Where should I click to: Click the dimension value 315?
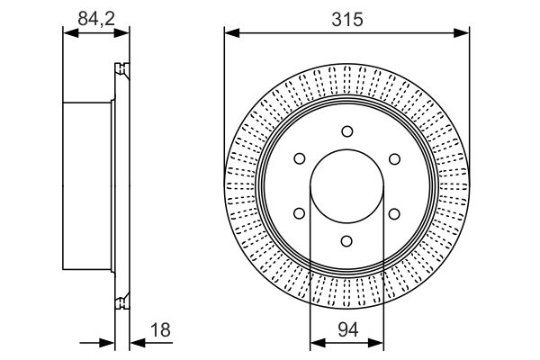tap(346, 18)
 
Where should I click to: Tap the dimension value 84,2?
tap(94, 18)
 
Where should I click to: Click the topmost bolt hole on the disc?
tap(346, 131)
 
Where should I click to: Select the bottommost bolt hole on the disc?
tap(346, 241)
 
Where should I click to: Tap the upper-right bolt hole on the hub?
tap(394, 159)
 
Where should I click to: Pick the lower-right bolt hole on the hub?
tap(394, 213)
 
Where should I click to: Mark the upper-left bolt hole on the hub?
tap(299, 159)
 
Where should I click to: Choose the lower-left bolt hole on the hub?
tap(299, 213)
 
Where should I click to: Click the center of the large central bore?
tap(346, 186)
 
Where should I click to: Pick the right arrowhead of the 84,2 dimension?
tap(123, 34)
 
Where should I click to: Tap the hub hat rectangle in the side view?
tap(87, 186)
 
